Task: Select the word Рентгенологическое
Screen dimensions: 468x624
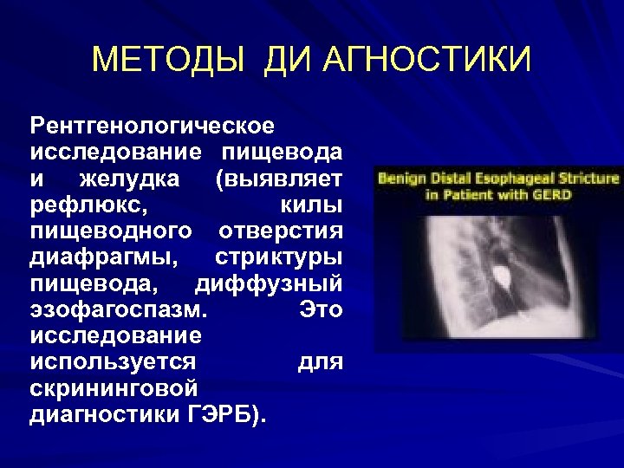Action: click(153, 127)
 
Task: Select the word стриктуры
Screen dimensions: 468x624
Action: click(278, 257)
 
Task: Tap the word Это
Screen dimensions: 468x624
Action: click(321, 309)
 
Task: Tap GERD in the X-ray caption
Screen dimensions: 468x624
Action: click(553, 195)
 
